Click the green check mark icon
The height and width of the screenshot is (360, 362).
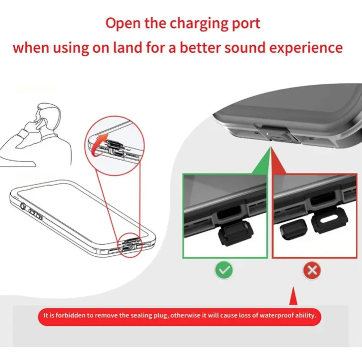224,269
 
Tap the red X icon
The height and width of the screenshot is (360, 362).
312,270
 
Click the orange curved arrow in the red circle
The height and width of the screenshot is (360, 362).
98,144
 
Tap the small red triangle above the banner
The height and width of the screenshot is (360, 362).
293,295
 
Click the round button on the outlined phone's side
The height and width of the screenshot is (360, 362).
22,206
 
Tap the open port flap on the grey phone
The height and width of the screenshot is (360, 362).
276,133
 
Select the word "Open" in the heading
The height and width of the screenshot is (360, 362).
123,24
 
